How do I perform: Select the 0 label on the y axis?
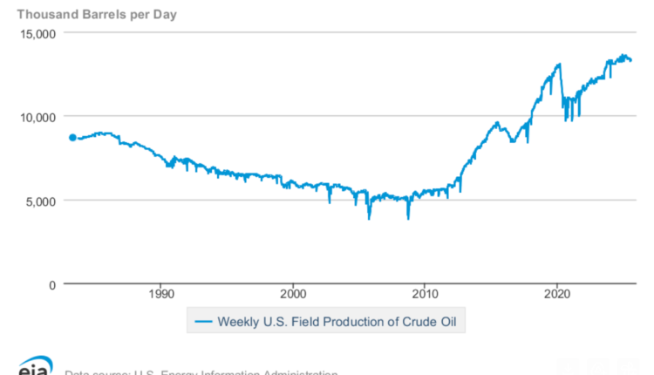(x=51, y=284)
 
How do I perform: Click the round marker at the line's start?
(x=72, y=137)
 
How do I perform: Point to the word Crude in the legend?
(x=419, y=323)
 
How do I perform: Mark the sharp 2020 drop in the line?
(x=567, y=119)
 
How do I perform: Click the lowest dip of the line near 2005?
(x=369, y=218)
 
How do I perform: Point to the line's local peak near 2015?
(x=497, y=123)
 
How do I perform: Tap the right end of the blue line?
(x=631, y=60)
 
